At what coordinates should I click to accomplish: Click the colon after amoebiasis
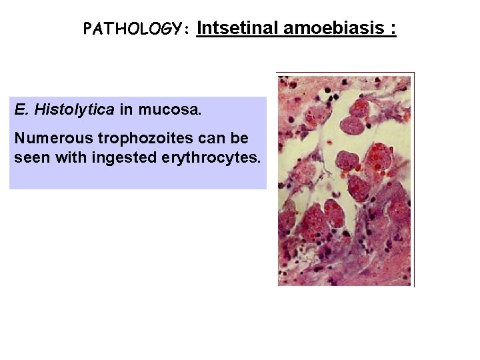point(394,29)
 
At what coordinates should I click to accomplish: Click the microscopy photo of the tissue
point(345,179)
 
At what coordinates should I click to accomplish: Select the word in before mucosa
point(127,110)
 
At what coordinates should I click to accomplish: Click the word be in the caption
point(240,139)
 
